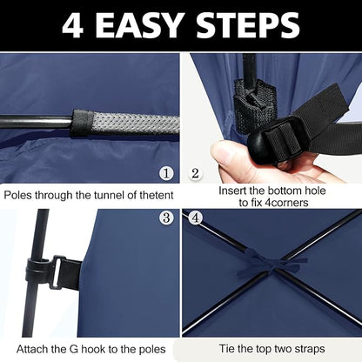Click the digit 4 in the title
tap(73, 25)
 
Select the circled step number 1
tap(166, 174)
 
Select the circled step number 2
tap(196, 173)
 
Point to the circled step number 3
tap(166, 218)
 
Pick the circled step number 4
tap(196, 218)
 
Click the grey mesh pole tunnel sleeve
tap(125, 123)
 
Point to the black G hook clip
tap(54, 272)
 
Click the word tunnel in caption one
tap(109, 195)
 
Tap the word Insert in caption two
tap(232, 191)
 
